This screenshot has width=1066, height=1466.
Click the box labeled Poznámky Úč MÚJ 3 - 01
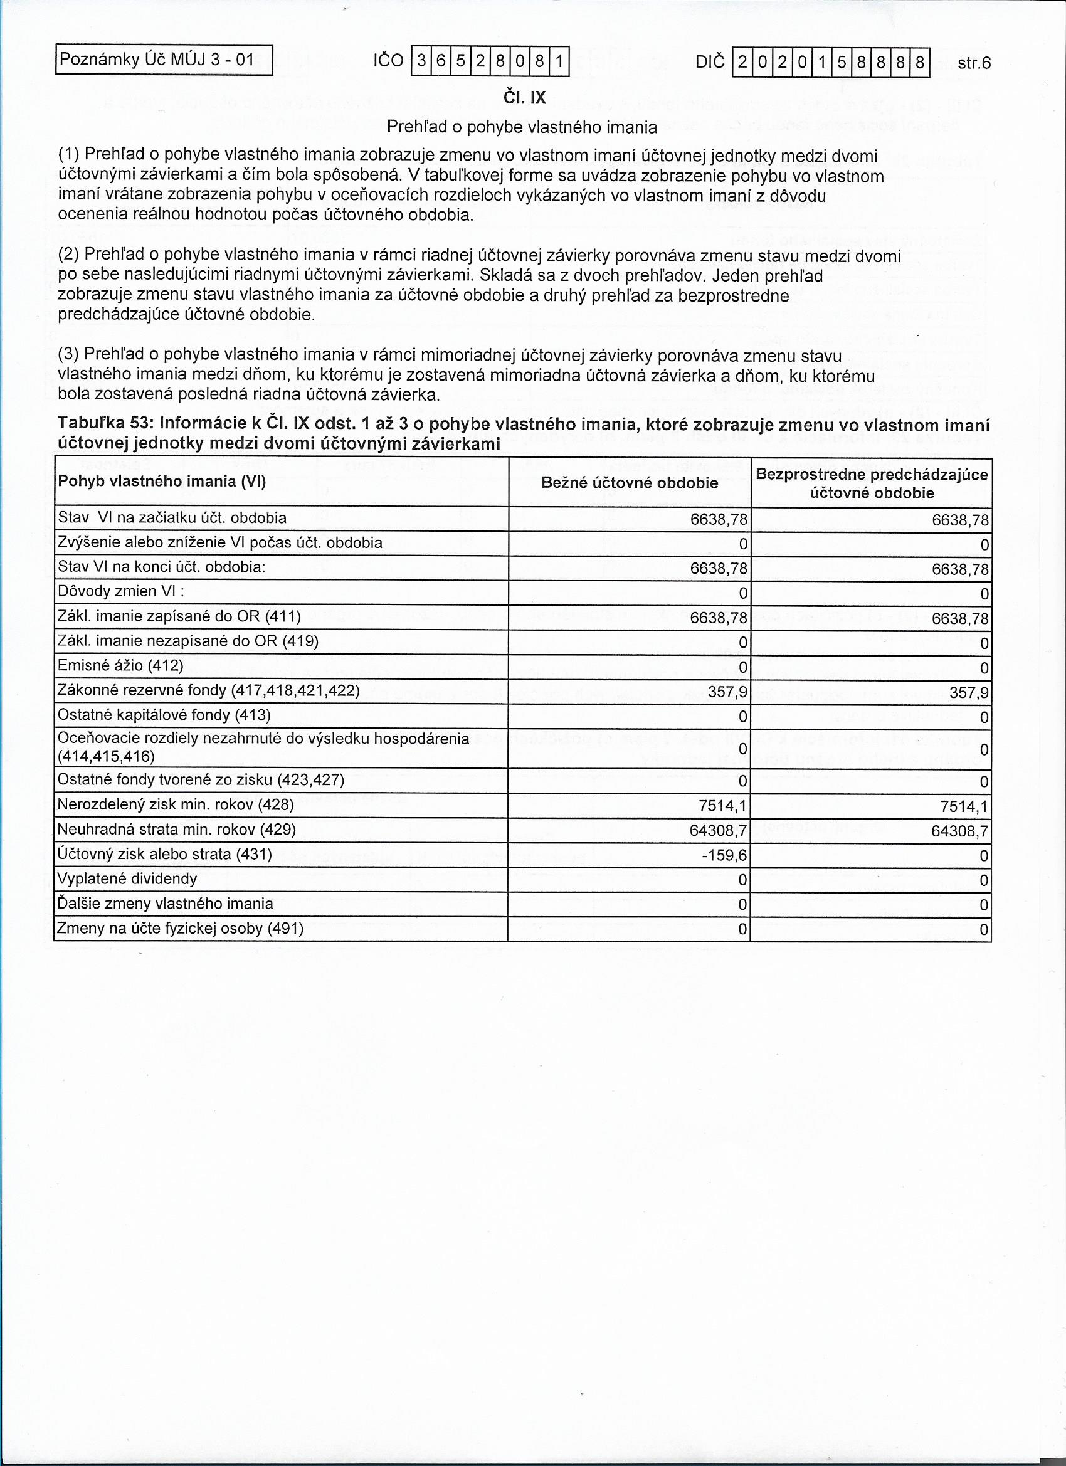pyautogui.click(x=164, y=61)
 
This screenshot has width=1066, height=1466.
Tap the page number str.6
pyautogui.click(x=974, y=63)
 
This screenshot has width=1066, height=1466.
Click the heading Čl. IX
pyautogui.click(x=524, y=98)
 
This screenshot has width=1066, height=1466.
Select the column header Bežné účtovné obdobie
pyautogui.click(x=629, y=483)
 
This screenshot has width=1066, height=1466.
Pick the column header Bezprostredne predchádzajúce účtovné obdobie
pyautogui.click(x=872, y=483)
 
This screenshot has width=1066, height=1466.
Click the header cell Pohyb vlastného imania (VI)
pyautogui.click(x=162, y=482)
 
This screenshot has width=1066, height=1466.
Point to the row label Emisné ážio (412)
pyautogui.click(x=120, y=666)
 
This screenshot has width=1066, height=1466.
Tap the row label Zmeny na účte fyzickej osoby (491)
pyautogui.click(x=181, y=929)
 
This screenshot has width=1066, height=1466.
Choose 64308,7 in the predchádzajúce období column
pyautogui.click(x=960, y=831)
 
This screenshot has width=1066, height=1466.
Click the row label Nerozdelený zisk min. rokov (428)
pyautogui.click(x=175, y=805)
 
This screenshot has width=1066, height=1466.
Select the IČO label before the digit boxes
pyautogui.click(x=388, y=61)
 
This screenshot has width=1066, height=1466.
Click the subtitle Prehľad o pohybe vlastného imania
pyautogui.click(x=522, y=127)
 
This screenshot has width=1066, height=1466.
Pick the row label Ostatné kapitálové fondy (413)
pyautogui.click(x=164, y=715)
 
